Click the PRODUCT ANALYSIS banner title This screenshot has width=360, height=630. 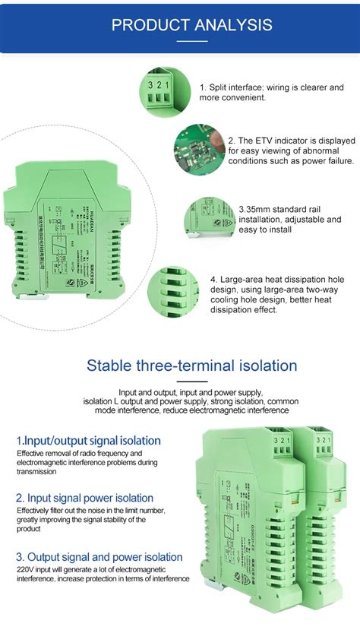[191, 25]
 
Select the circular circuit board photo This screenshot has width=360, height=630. [198, 150]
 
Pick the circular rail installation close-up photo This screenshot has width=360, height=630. [210, 218]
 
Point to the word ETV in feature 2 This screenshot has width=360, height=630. [264, 141]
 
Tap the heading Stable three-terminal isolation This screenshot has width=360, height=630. [191, 365]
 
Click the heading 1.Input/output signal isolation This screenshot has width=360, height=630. [88, 440]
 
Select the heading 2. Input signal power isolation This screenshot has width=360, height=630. [84, 498]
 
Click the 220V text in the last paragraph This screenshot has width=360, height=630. [27, 568]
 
